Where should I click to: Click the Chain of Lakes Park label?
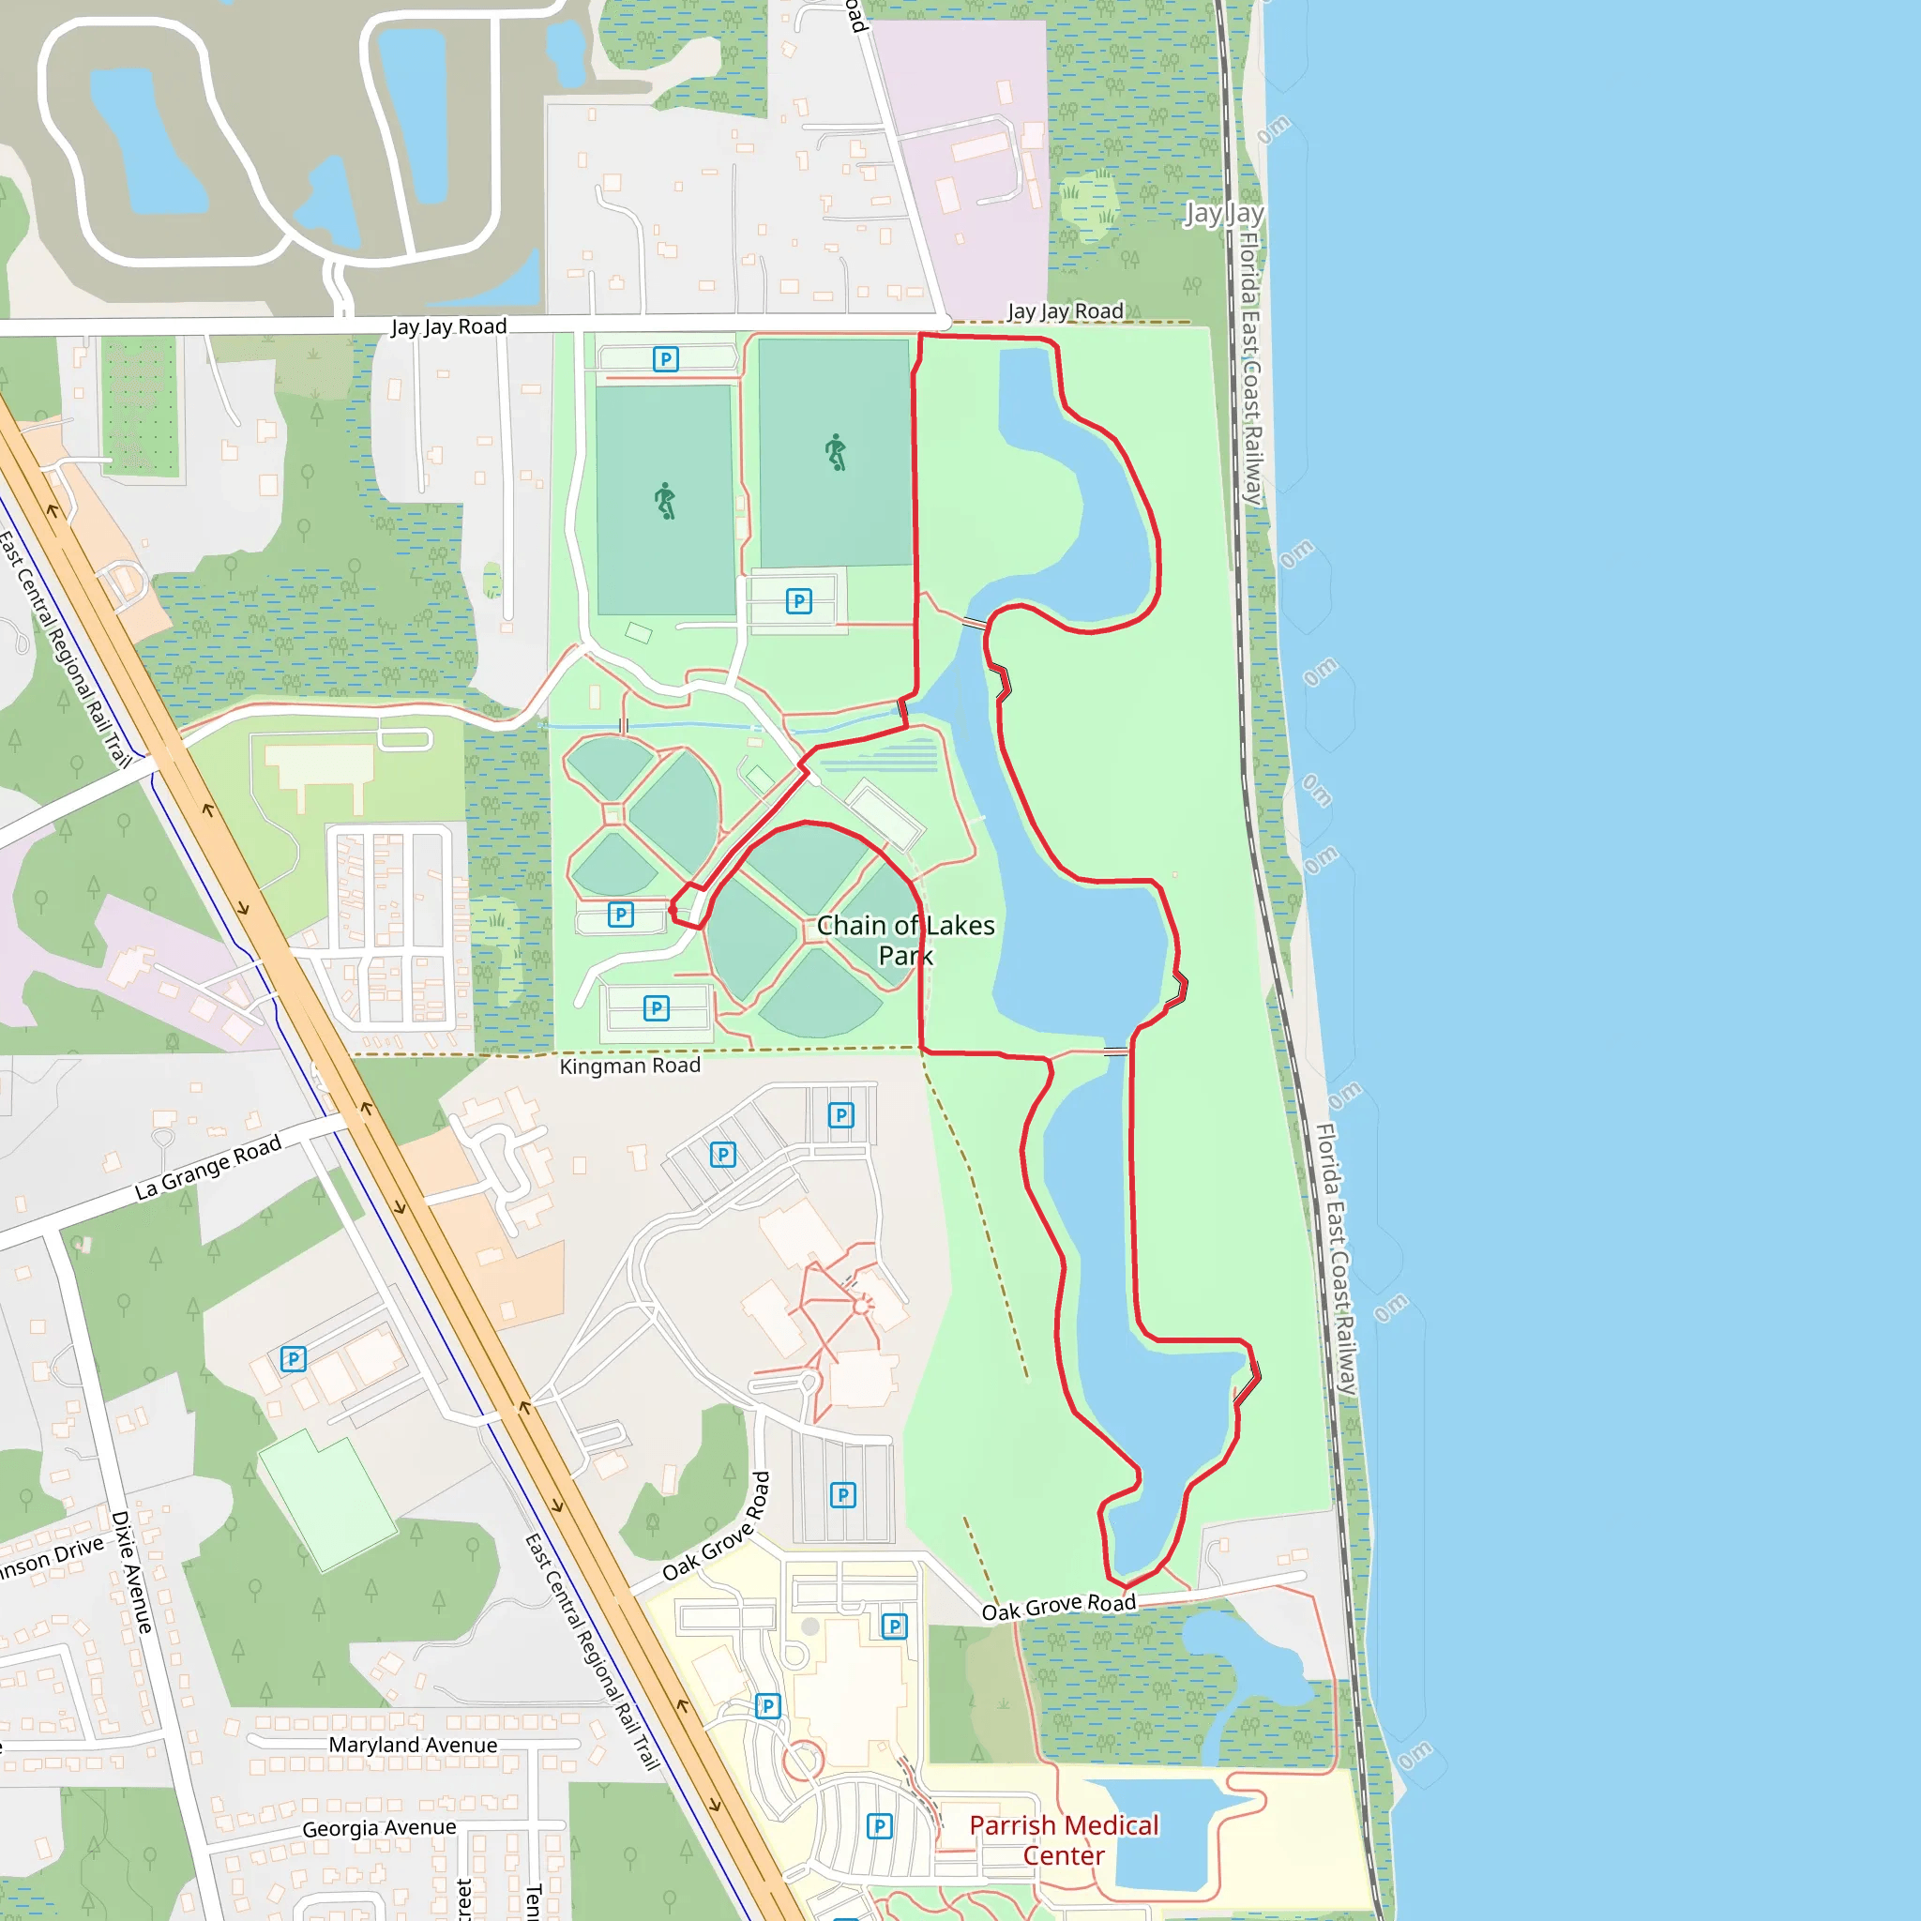point(905,940)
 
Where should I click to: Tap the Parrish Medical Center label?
point(1063,1839)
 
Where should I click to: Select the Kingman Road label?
point(629,1066)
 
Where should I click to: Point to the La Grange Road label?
point(208,1167)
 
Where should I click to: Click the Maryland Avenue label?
point(413,1745)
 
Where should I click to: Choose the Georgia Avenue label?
point(379,1827)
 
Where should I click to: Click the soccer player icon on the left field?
point(665,500)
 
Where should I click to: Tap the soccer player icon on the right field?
point(836,452)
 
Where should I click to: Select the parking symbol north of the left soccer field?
point(665,359)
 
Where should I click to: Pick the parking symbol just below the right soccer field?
point(798,600)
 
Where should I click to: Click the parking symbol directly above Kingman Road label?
point(657,1008)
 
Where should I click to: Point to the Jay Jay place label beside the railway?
point(1223,214)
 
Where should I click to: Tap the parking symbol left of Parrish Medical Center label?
point(879,1825)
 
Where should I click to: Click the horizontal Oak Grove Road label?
point(1058,1607)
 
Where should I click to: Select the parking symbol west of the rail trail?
point(294,1358)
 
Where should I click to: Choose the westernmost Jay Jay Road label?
point(448,327)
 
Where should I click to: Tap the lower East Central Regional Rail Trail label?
point(593,1652)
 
